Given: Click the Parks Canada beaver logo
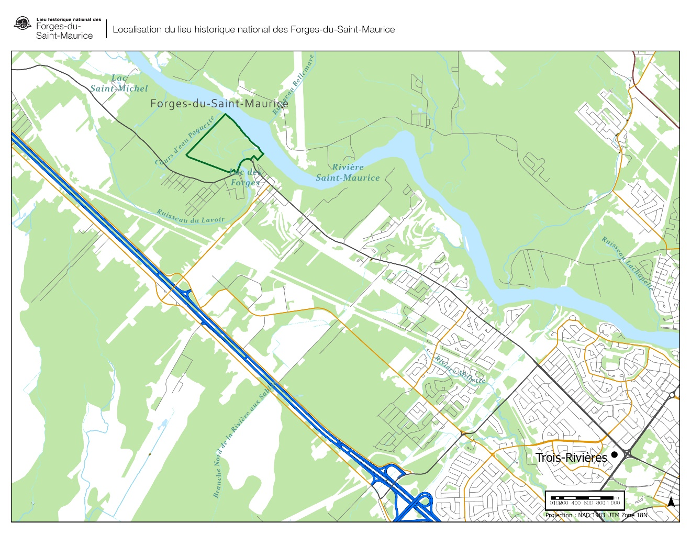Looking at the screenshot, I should tap(23, 24).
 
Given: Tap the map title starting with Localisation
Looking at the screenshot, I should tap(253, 30).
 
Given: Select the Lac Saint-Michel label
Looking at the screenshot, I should tap(119, 84).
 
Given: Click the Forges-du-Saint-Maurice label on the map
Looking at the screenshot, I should tap(219, 104).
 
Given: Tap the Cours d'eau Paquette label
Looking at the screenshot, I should tap(185, 141).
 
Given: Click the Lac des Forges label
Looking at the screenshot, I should tap(246, 177).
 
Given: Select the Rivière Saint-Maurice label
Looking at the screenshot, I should tap(348, 173).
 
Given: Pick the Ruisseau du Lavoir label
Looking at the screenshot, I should tap(191, 216).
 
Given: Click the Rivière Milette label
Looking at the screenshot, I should tap(460, 370).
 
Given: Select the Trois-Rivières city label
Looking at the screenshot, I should tap(571, 458).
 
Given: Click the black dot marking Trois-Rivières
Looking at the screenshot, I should tap(615, 454).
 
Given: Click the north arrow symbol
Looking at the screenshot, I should tap(671, 502).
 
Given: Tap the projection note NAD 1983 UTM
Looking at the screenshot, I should tap(596, 515).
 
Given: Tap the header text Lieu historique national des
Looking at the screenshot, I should tap(69, 19).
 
